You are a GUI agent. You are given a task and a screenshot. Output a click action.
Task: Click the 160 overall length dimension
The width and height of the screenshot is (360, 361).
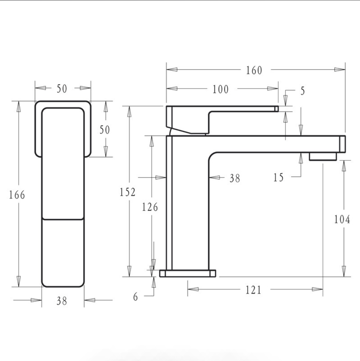[254, 70]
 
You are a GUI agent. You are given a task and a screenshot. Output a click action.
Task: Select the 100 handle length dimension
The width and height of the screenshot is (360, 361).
[220, 89]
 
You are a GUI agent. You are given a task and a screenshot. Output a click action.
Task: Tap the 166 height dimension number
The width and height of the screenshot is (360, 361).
[17, 195]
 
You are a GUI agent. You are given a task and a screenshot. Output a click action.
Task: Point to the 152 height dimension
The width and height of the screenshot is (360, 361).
[127, 192]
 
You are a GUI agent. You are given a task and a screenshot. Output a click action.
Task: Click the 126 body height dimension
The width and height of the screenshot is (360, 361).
[150, 207]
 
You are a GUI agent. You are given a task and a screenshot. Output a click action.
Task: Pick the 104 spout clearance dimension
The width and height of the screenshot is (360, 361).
[342, 219]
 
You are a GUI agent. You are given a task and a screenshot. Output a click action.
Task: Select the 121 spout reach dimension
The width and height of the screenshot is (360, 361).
[254, 290]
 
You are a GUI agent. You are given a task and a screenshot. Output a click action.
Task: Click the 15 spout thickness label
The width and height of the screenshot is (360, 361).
[278, 177]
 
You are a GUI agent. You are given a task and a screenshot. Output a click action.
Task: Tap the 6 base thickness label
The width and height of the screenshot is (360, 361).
[136, 296]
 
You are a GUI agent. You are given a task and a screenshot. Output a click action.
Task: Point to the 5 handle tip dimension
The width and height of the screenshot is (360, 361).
[302, 91]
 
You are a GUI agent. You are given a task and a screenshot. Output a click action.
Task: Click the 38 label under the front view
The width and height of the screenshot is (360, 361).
[62, 301]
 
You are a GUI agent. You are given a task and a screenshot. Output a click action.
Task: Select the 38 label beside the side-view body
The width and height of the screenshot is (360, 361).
[235, 178]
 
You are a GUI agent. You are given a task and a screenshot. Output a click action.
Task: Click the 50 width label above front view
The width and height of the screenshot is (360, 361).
[62, 89]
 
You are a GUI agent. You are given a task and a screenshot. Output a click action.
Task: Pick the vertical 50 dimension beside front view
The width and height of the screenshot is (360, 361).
[105, 130]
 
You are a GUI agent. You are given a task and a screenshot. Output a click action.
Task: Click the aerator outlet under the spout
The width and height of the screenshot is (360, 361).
[323, 157]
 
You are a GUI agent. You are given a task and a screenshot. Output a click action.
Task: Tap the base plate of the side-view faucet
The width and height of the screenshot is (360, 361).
[188, 273]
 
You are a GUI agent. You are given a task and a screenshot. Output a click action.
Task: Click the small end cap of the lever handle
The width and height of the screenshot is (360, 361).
[276, 109]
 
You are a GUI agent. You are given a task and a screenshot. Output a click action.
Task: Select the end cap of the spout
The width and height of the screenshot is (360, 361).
[342, 144]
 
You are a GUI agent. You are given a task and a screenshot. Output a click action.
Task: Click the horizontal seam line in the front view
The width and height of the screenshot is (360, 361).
[63, 219]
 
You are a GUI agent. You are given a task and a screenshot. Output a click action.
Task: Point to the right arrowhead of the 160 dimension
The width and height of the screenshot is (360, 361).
[340, 70]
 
